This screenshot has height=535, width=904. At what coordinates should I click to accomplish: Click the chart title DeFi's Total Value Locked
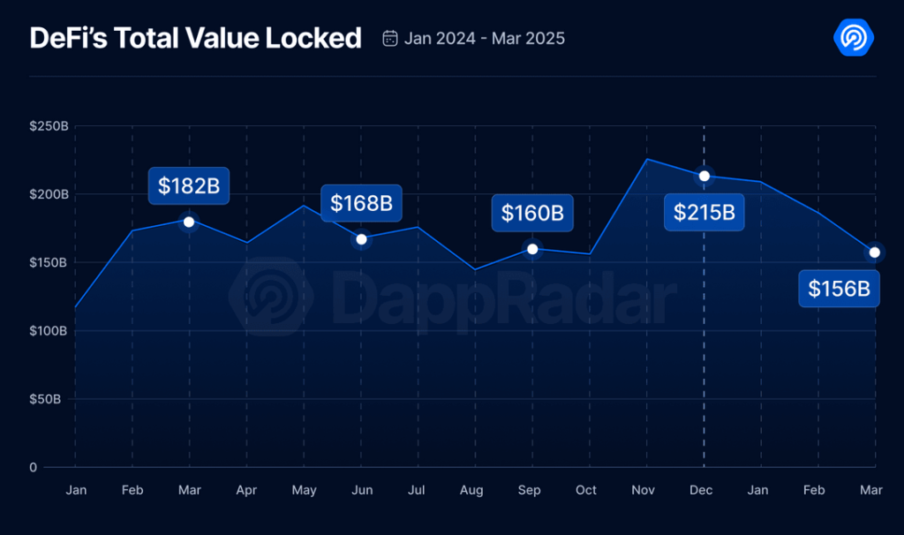coord(195,38)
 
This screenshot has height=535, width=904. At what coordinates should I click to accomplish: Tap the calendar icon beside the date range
coord(389,38)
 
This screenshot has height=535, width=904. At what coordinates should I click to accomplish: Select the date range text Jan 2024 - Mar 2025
coord(485,39)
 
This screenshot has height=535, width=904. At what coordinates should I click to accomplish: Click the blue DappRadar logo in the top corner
coord(853,38)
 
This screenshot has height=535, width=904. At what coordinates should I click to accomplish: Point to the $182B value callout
coord(188,185)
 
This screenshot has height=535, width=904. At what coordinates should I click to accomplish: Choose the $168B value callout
coord(361,203)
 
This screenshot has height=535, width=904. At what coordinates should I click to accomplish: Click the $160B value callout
coord(532,213)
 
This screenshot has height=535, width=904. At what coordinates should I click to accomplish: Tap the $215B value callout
coord(704,212)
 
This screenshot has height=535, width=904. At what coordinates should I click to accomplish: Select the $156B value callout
coord(839,288)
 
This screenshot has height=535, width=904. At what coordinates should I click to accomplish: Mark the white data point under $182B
coord(188,222)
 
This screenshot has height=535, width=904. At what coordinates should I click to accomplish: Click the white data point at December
coord(704,176)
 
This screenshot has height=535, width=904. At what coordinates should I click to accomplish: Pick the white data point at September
coord(532,249)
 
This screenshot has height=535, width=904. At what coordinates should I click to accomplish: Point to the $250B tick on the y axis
coord(49,126)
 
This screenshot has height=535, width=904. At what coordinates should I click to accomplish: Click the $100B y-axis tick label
coord(49,331)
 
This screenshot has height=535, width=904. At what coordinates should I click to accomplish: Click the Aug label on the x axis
coord(472,490)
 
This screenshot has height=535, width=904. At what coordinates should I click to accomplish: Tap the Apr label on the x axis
coord(246,490)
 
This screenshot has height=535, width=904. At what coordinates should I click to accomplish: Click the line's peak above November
coord(646,160)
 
